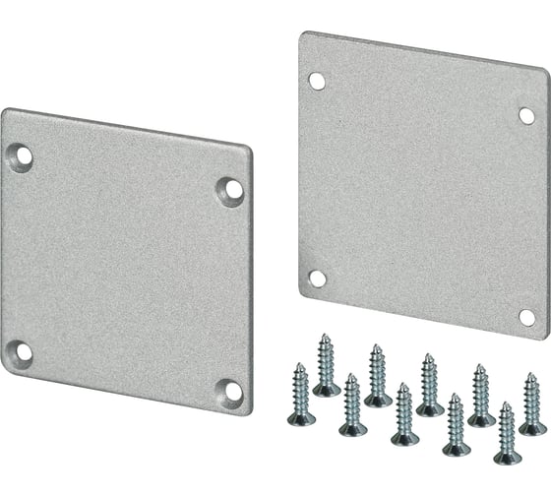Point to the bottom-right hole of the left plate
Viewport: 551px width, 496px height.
232,392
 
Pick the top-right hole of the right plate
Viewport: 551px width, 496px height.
526,116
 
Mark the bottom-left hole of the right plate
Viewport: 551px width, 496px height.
317,279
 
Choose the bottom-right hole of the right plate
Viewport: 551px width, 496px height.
527,317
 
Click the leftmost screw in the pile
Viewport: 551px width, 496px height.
301,394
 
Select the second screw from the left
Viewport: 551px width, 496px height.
327,364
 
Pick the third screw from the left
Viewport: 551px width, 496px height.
351,404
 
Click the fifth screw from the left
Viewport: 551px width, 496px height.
402,413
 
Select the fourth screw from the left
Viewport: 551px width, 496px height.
377,375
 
